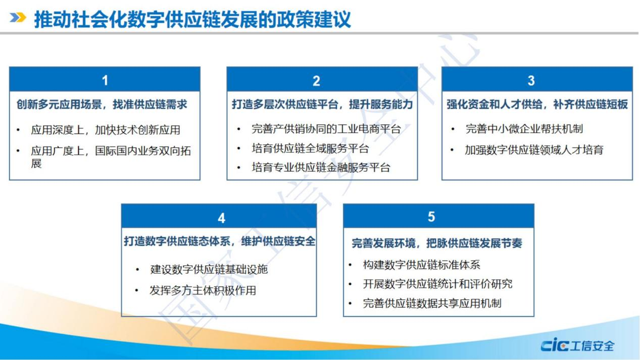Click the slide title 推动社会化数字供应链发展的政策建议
pos(192,19)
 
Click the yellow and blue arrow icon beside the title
pos(18,18)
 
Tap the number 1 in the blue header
pos(105,80)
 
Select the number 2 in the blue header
pos(316,81)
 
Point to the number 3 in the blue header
pos(531,80)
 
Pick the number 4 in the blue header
pos(221,218)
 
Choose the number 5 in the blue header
pos(431,217)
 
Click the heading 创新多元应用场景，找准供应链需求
pos(102,104)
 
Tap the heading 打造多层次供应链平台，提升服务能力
pos(322,104)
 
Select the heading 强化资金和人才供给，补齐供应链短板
pos(537,104)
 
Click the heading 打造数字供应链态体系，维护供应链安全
pos(219,241)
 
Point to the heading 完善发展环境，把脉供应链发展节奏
pos(437,243)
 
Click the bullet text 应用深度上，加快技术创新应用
pos(106,130)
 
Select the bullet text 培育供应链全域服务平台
pos(311,148)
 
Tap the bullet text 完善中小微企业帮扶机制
pos(524,129)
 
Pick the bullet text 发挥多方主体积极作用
pos(203,290)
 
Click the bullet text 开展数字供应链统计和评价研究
pos(438,284)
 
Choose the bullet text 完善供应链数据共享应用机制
pos(432,303)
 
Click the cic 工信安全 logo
pos(577,345)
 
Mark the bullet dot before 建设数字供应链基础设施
pos(137,270)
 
